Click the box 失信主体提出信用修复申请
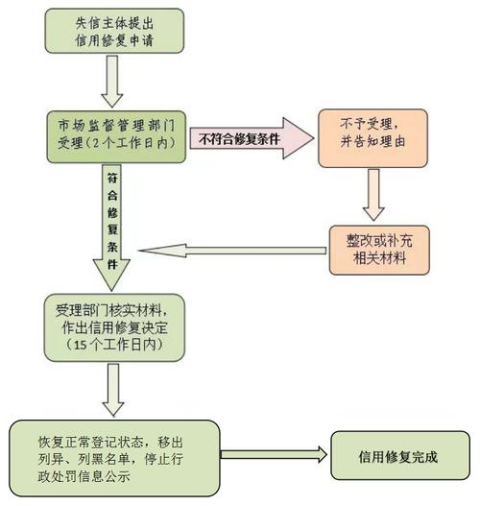coord(111,32)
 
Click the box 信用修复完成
coord(397,456)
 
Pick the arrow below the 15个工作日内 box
coord(112,390)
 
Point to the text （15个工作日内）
coord(112,343)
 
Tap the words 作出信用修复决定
coord(113,327)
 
